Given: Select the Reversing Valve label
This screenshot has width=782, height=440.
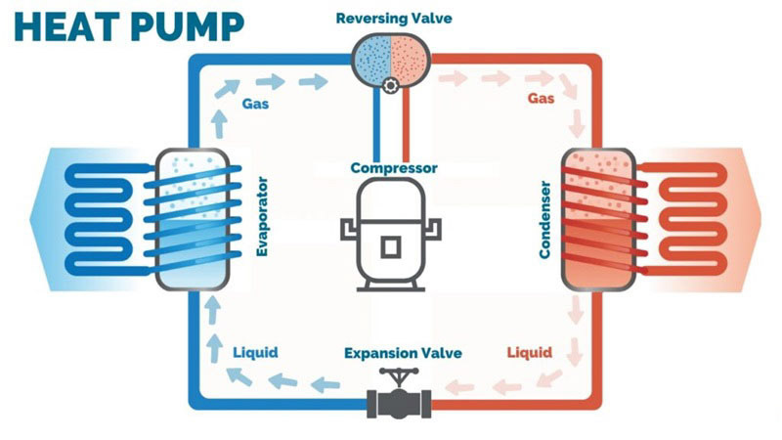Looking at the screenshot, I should click(x=390, y=19).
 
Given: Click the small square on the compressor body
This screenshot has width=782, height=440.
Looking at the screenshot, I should click(x=390, y=246).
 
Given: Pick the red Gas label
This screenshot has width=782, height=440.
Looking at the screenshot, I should click(x=542, y=100).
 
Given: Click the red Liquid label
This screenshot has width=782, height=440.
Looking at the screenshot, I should click(x=530, y=351).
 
